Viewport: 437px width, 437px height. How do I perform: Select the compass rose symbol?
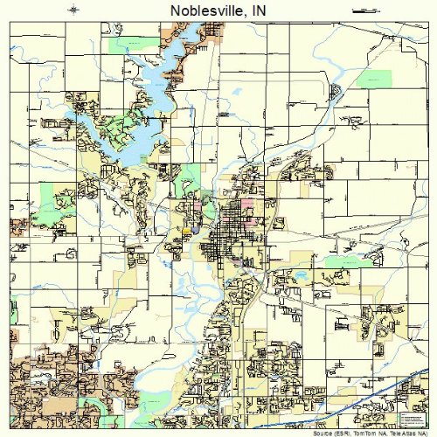74,9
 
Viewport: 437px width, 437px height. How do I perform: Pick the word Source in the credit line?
323,433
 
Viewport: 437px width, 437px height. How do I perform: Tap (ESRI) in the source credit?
342,433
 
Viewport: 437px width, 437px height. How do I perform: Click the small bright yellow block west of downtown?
187,231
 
